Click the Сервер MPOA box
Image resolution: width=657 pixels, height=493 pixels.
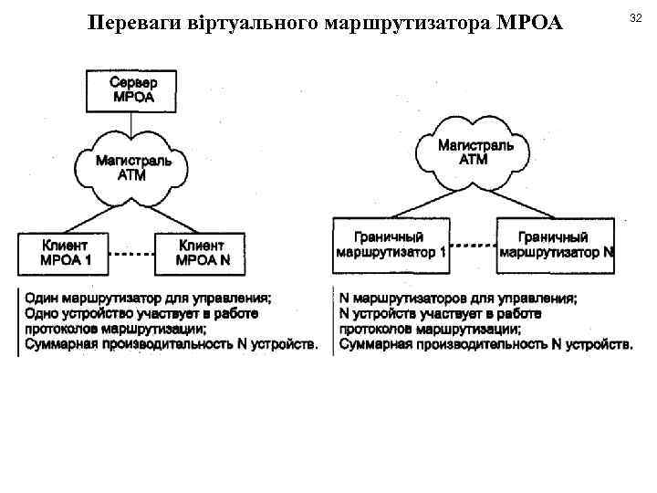[132, 89]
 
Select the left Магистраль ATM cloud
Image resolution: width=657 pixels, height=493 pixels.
[133, 166]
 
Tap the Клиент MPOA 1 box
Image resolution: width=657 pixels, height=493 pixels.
[65, 252]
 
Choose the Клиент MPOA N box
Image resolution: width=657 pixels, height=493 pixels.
[200, 252]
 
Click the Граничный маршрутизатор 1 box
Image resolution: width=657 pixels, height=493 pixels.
[391, 245]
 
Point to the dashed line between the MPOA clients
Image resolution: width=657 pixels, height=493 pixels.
[132, 253]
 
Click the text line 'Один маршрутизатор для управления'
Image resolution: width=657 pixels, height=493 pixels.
[147, 298]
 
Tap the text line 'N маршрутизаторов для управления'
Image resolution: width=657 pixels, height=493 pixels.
[457, 298]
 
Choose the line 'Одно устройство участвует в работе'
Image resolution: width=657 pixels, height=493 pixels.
[141, 313]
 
